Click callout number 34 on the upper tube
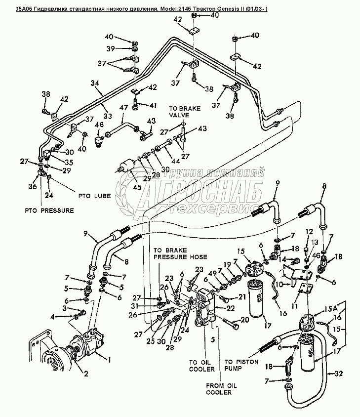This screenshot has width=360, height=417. (95, 84)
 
